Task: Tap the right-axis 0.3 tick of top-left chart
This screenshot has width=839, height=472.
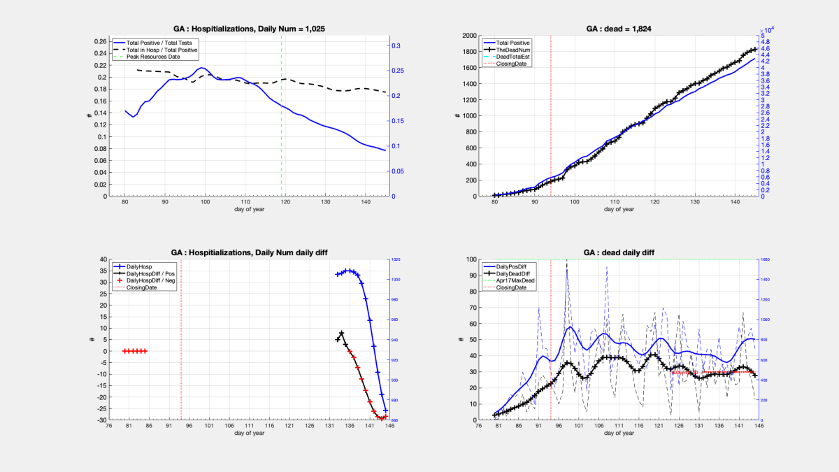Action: (396, 45)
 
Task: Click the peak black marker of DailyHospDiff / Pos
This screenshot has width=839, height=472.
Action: (341, 334)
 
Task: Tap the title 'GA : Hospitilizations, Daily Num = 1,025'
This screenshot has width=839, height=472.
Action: (249, 29)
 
